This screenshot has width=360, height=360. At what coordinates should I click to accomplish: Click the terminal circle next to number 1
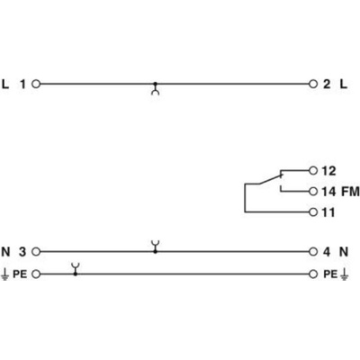36,84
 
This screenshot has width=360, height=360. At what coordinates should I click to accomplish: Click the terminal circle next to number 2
313,84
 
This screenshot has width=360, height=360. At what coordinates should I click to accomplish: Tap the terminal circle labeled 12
313,171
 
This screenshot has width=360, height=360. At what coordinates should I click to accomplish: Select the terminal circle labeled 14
313,192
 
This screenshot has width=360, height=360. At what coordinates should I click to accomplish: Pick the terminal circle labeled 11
313,212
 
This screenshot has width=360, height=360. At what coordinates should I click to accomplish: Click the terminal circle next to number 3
36,251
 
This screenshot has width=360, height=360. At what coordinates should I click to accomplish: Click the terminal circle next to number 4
313,251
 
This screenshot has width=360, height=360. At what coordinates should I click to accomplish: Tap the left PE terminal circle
36,274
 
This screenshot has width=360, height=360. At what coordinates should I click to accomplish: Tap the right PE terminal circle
313,274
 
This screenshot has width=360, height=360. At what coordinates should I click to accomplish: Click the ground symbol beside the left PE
4,274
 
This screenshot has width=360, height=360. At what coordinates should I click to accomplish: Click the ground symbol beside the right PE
345,274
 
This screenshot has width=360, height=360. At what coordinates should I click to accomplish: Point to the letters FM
351,192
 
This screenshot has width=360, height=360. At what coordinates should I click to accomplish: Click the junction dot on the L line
155,84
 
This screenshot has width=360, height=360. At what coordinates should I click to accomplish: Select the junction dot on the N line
155,251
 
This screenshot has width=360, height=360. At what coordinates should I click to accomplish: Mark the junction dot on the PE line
76,274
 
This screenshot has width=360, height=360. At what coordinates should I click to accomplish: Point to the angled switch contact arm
270,179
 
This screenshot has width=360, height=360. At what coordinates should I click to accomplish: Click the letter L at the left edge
5,85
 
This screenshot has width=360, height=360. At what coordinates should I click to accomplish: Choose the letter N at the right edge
344,252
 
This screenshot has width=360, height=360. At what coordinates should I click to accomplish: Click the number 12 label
328,171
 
